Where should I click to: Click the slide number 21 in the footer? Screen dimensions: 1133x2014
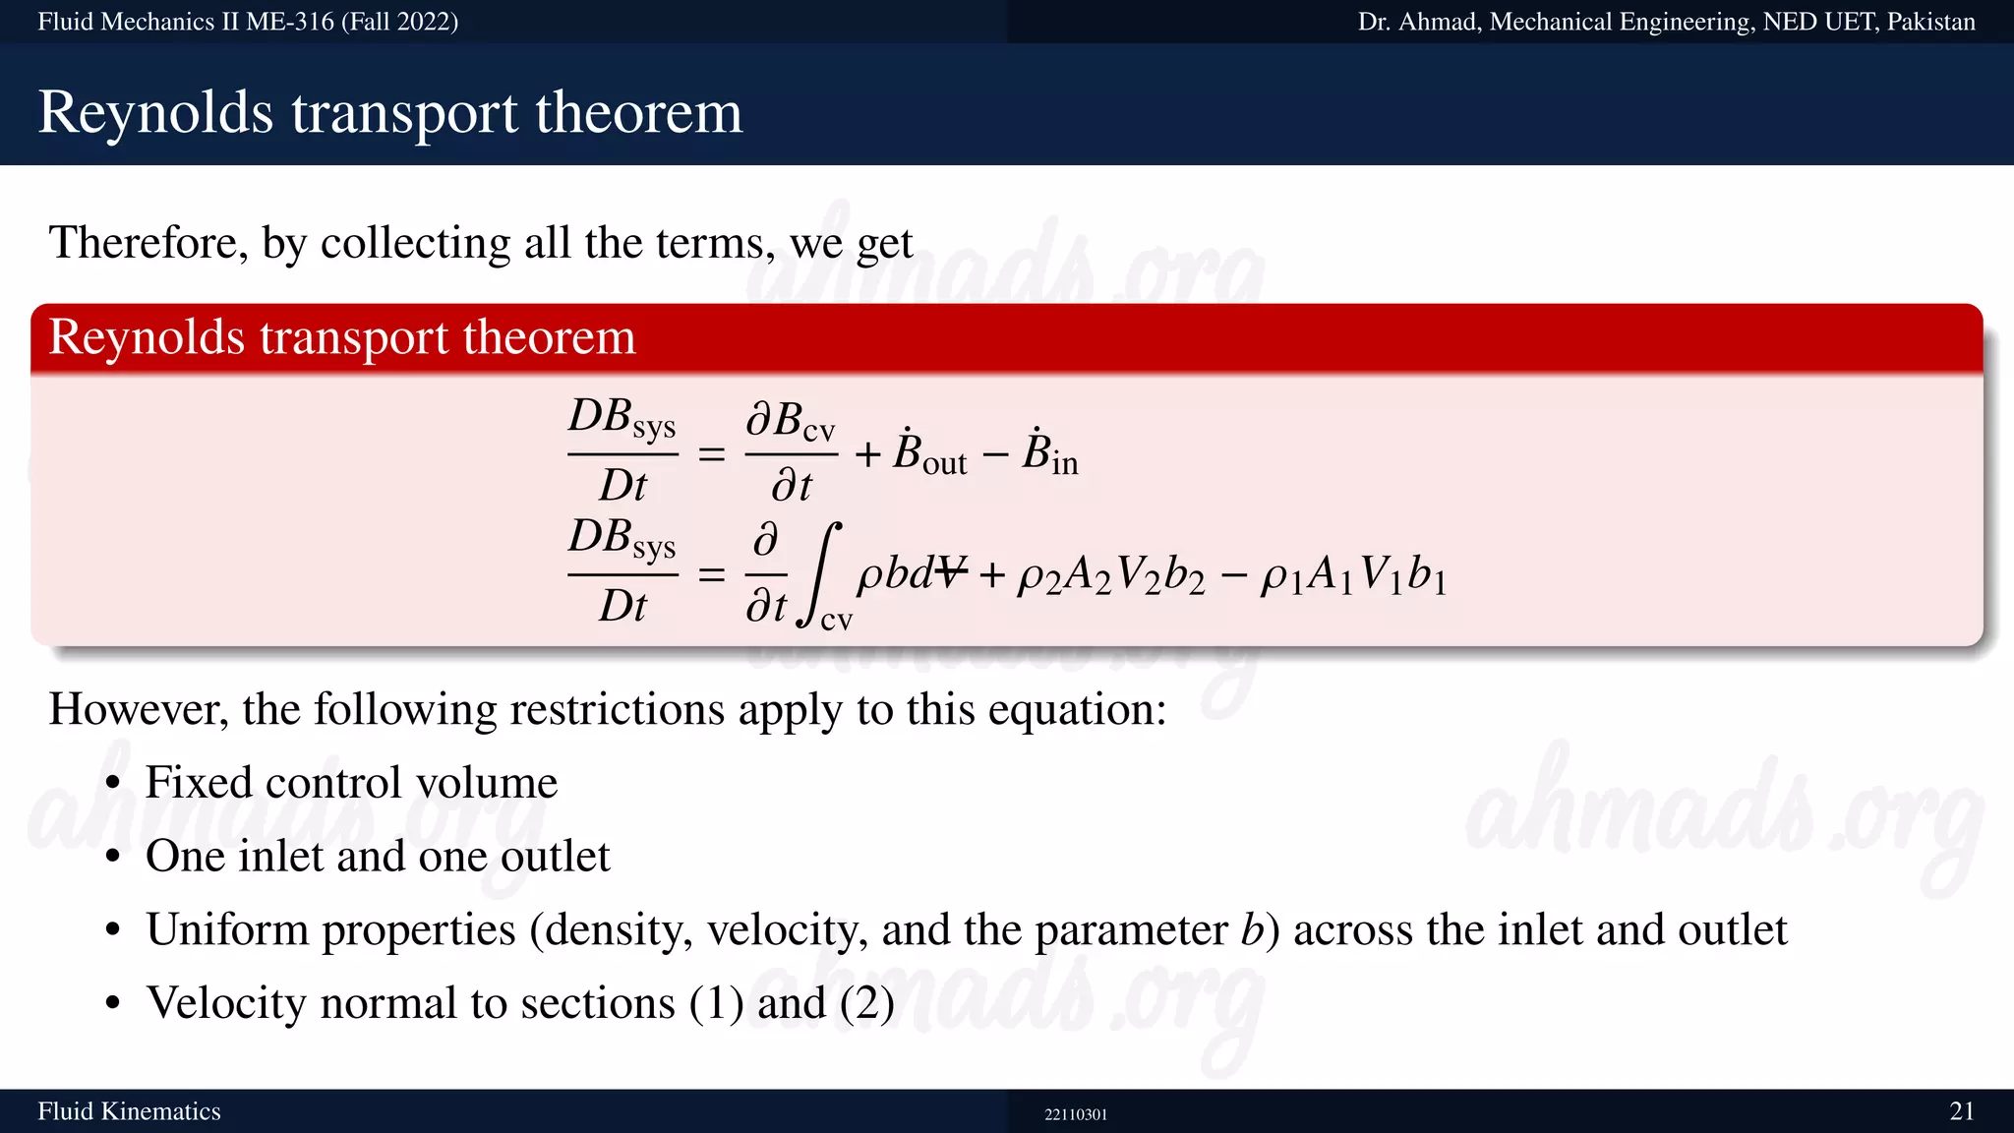1962,1111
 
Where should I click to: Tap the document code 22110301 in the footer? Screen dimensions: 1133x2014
1076,1114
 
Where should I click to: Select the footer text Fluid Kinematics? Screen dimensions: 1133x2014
129,1111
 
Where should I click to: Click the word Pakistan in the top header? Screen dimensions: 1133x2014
1930,22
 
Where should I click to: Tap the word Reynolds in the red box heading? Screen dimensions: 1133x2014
147,337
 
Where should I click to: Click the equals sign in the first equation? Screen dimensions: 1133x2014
711,455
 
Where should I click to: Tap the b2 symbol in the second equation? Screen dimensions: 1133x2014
1184,576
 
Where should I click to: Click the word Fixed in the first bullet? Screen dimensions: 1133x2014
199,783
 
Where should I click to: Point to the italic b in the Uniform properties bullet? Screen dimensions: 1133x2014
1251,929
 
